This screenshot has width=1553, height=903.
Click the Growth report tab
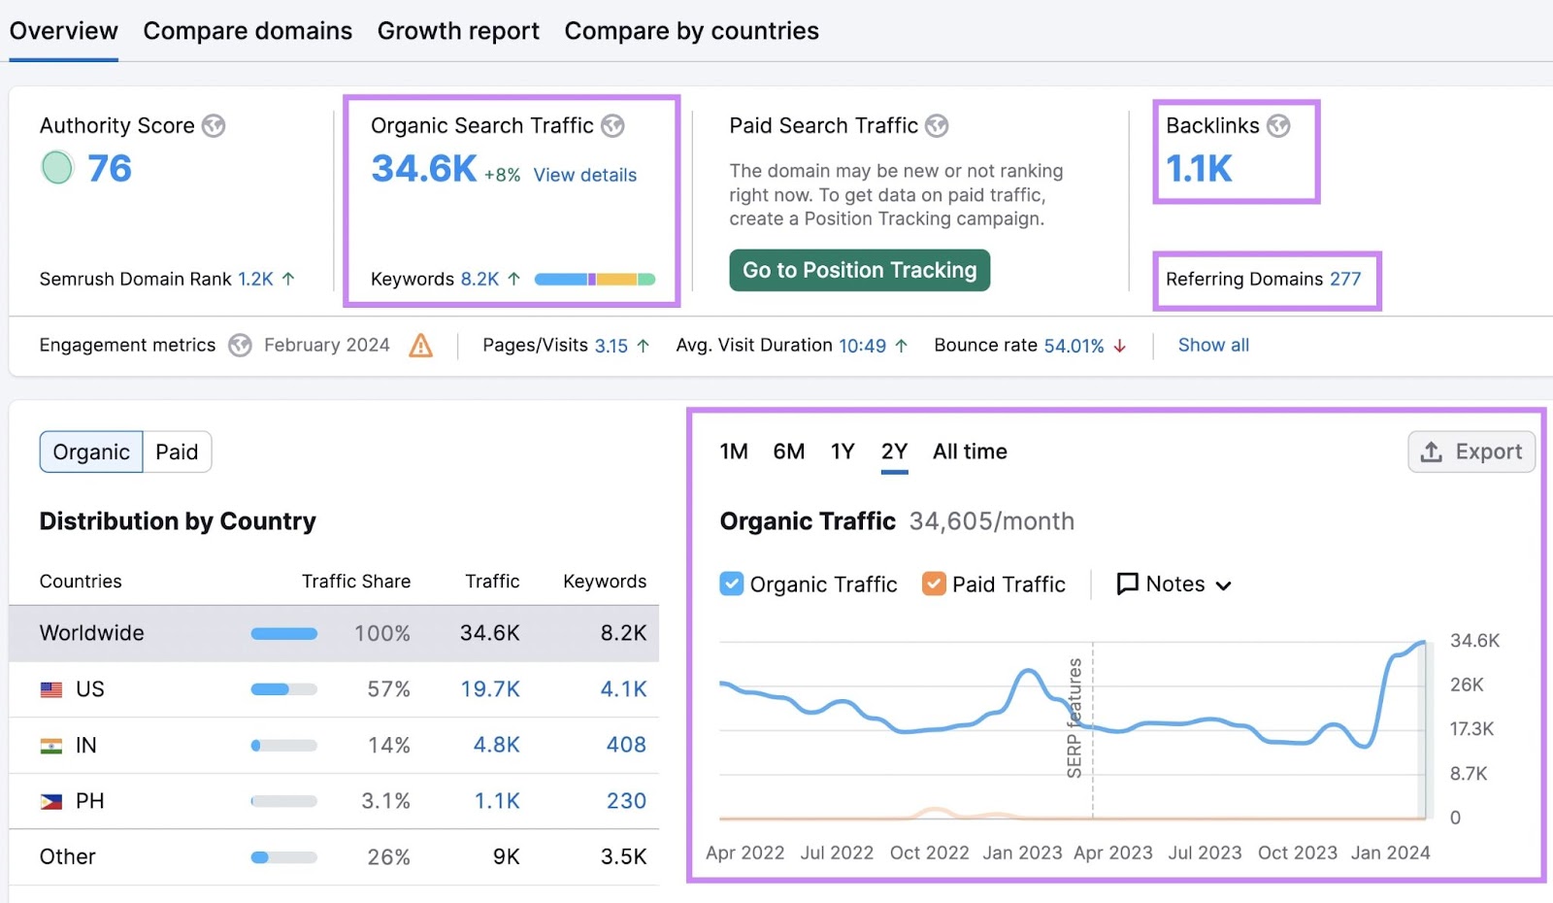click(x=458, y=31)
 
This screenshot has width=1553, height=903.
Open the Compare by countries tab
click(x=691, y=31)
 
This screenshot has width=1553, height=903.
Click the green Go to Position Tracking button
click(x=859, y=270)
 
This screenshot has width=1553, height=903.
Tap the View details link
click(x=584, y=175)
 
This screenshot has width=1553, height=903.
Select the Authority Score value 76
click(x=109, y=169)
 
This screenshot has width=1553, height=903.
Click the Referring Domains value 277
click(x=1345, y=279)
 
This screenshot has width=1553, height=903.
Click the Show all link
click(x=1213, y=345)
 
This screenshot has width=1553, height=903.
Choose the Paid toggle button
click(x=177, y=451)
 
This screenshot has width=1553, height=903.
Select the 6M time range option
click(x=788, y=451)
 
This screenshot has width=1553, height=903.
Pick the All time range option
click(x=970, y=451)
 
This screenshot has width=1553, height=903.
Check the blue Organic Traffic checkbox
click(x=732, y=584)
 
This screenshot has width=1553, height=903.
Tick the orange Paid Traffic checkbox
click(x=934, y=584)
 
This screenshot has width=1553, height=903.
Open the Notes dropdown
click(x=1174, y=584)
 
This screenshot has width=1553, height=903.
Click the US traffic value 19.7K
click(x=490, y=688)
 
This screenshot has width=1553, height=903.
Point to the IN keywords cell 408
click(x=626, y=745)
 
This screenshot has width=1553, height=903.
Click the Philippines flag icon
click(x=51, y=801)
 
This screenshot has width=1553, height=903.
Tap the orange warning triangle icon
click(x=420, y=345)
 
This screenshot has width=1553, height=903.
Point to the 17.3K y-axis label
click(x=1471, y=728)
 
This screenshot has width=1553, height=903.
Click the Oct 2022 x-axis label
click(x=929, y=853)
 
